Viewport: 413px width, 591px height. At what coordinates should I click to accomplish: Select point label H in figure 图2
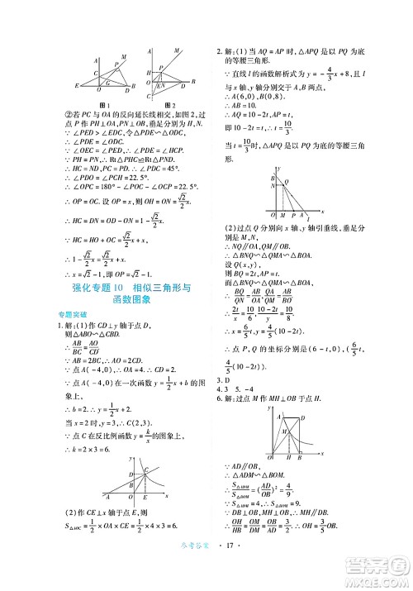pos(147,74)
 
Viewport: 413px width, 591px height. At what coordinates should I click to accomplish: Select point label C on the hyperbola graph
pos(148,471)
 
